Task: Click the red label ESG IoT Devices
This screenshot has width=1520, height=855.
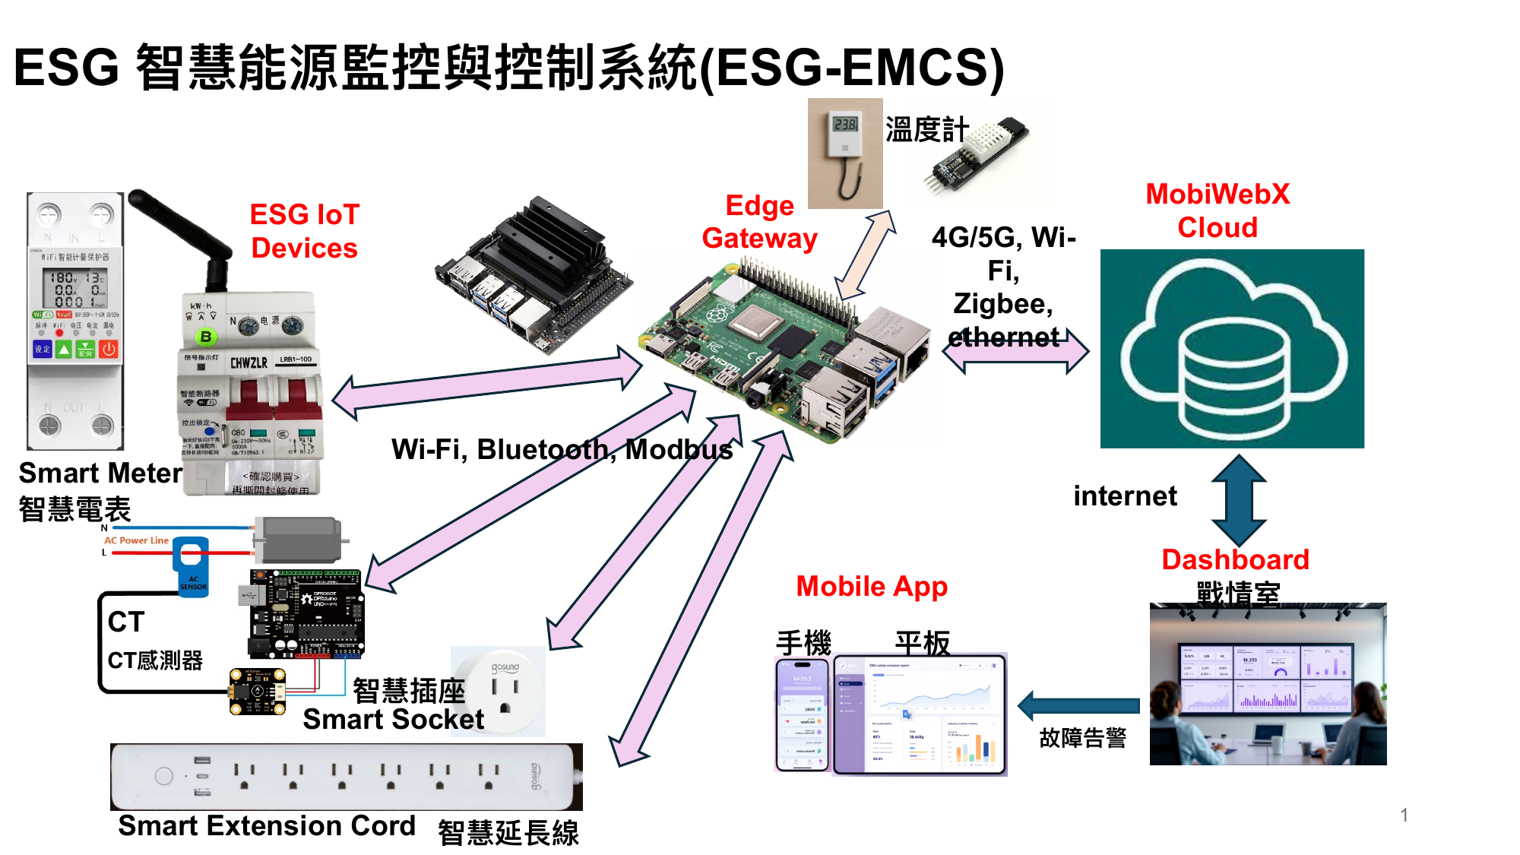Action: pyautogui.click(x=304, y=231)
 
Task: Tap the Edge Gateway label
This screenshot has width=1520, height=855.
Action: pyautogui.click(x=759, y=222)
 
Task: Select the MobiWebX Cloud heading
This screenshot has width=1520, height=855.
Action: pyautogui.click(x=1218, y=211)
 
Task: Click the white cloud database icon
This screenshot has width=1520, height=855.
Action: pyautogui.click(x=1232, y=349)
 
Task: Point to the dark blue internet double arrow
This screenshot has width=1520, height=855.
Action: pyautogui.click(x=1238, y=500)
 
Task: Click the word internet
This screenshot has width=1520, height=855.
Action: pyautogui.click(x=1125, y=496)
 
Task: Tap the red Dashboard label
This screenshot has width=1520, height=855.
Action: pyautogui.click(x=1235, y=560)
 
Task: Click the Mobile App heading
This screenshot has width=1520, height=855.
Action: pyautogui.click(x=872, y=587)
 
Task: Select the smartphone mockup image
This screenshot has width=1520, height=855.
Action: pyautogui.click(x=803, y=714)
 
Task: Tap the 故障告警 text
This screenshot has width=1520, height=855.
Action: pyautogui.click(x=1082, y=738)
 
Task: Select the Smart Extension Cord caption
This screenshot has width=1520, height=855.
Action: pyautogui.click(x=267, y=826)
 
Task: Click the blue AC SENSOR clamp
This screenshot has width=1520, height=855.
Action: pyautogui.click(x=191, y=566)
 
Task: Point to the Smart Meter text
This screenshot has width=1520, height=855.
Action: pyautogui.click(x=100, y=473)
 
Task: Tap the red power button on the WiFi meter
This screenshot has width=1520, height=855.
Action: pyautogui.click(x=109, y=349)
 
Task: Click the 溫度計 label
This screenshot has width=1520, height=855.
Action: pyautogui.click(x=926, y=130)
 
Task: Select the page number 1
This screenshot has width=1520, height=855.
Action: pyautogui.click(x=1404, y=815)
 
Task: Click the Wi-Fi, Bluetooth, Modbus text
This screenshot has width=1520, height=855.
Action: pyautogui.click(x=562, y=450)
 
